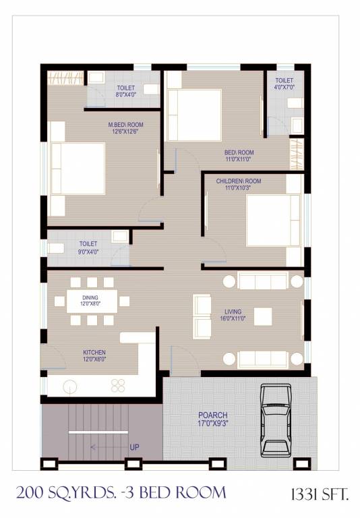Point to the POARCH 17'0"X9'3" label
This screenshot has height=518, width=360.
coord(212,419)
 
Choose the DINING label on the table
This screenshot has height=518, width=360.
coord(91,301)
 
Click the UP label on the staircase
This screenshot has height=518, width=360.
coord(135,447)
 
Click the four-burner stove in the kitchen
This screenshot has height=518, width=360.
coord(119,386)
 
